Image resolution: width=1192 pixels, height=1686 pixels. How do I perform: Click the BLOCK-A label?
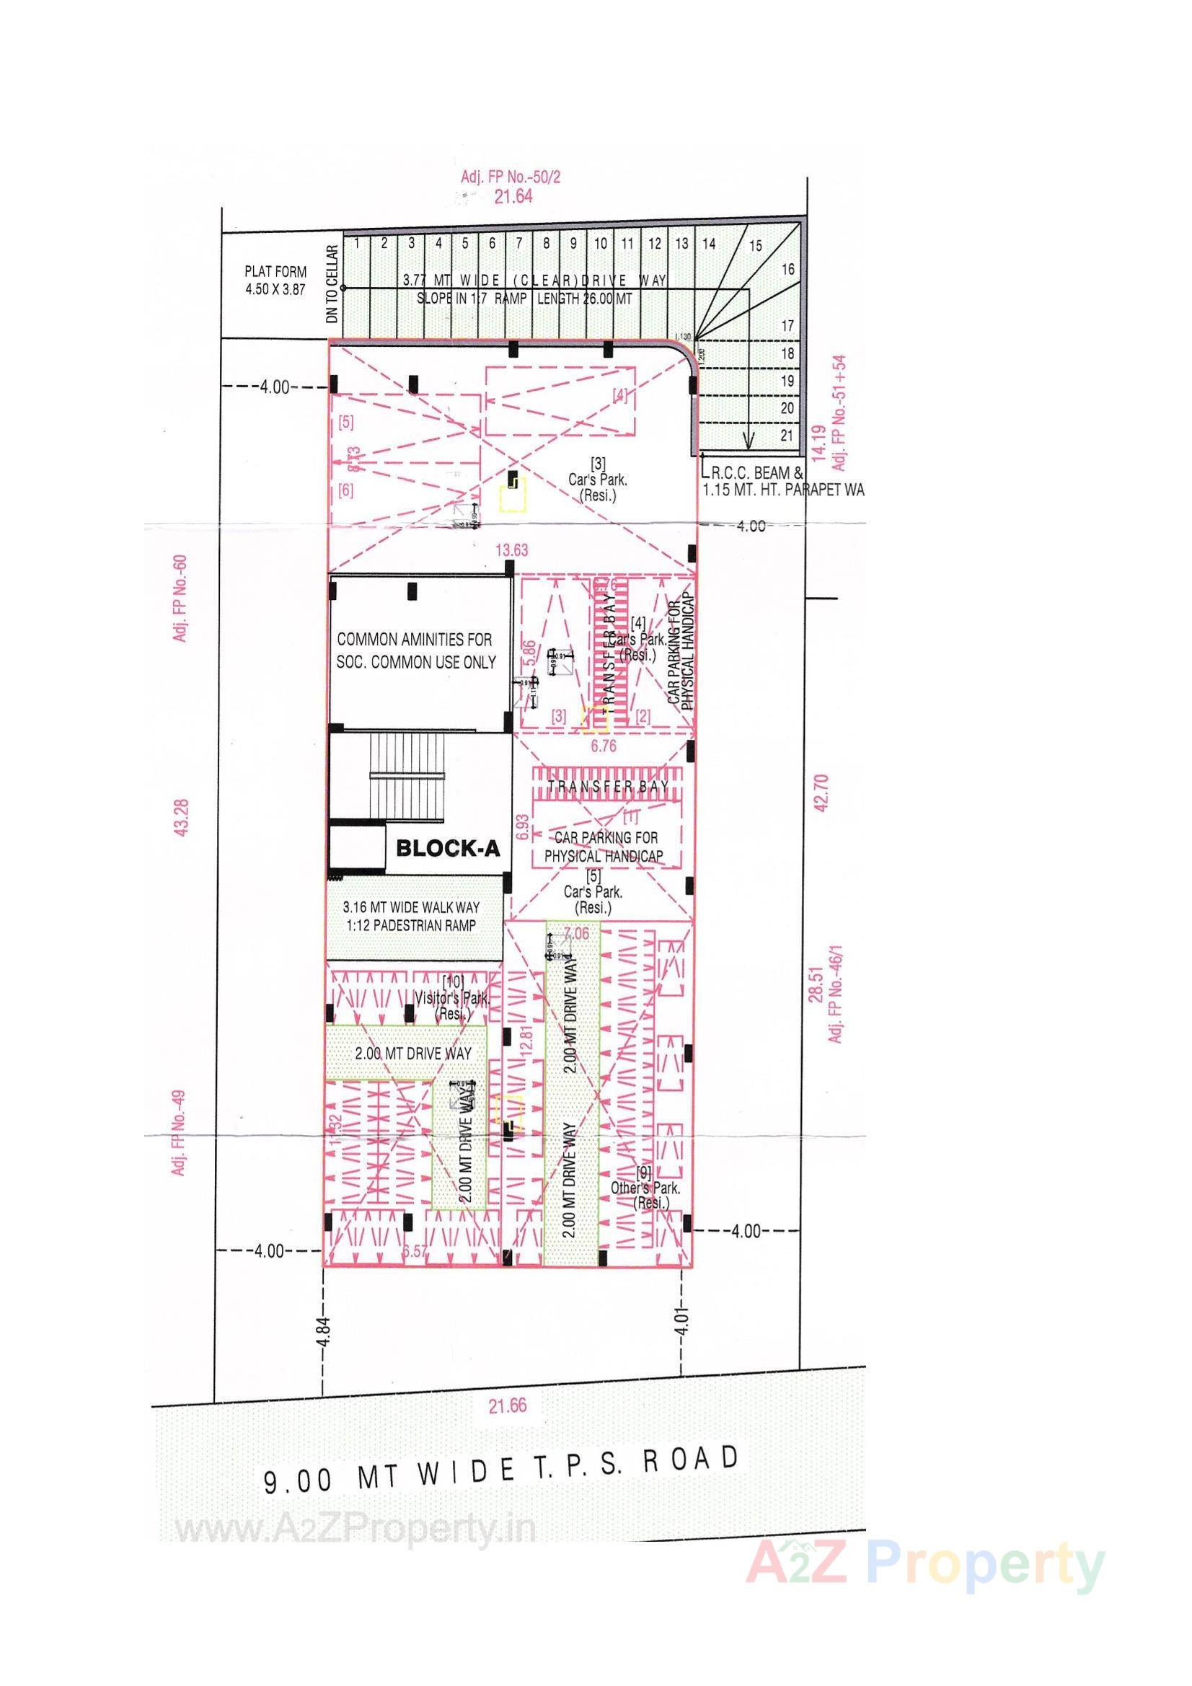[447, 849]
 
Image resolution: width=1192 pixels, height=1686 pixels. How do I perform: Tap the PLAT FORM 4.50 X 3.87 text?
[275, 281]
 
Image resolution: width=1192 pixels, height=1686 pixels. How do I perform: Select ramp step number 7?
[518, 244]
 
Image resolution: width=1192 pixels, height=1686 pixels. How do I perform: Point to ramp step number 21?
[787, 436]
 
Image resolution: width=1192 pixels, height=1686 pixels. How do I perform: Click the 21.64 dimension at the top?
[513, 196]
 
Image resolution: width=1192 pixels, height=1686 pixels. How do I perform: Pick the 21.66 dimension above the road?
[508, 1406]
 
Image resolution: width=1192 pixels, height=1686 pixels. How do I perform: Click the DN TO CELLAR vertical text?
[333, 285]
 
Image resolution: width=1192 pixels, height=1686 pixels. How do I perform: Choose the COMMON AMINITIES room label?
[415, 650]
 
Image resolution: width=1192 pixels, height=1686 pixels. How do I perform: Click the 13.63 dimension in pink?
[511, 550]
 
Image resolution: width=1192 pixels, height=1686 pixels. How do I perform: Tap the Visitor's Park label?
[452, 998]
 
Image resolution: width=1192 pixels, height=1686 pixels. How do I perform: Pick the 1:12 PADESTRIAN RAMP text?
[416, 925]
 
